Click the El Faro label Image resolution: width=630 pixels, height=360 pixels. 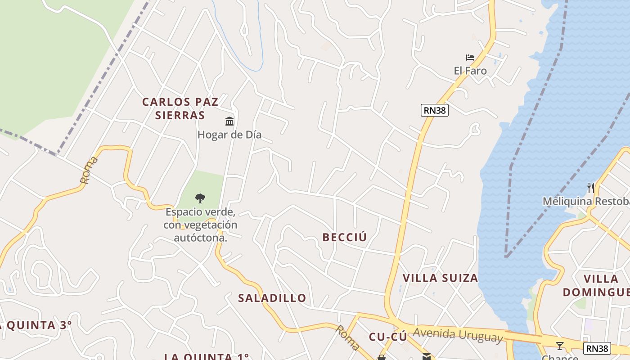(x=470, y=71)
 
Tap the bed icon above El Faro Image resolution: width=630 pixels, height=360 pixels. (x=470, y=58)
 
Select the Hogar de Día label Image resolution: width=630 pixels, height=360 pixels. (x=229, y=135)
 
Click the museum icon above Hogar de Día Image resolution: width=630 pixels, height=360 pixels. (x=229, y=121)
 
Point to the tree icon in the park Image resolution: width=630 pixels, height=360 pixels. (x=200, y=198)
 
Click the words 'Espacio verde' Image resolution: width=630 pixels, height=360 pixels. (x=200, y=211)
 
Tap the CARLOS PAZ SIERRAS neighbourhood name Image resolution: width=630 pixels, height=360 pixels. (x=180, y=108)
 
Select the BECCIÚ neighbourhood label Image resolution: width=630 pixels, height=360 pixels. (x=345, y=237)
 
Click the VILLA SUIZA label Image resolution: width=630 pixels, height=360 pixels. (x=440, y=278)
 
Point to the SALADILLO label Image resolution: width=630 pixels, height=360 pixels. (x=272, y=298)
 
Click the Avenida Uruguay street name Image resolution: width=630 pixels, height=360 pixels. (x=458, y=335)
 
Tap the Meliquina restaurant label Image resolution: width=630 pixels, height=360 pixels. (x=585, y=201)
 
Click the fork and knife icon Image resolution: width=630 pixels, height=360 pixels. (x=591, y=188)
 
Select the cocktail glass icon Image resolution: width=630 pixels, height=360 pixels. (x=559, y=346)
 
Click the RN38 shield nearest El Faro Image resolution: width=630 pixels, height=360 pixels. (x=435, y=110)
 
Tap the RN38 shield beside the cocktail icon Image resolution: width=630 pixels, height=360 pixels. (x=597, y=348)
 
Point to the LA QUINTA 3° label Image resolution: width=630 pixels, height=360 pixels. (x=35, y=325)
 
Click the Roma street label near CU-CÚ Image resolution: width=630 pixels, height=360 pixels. (x=346, y=337)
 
